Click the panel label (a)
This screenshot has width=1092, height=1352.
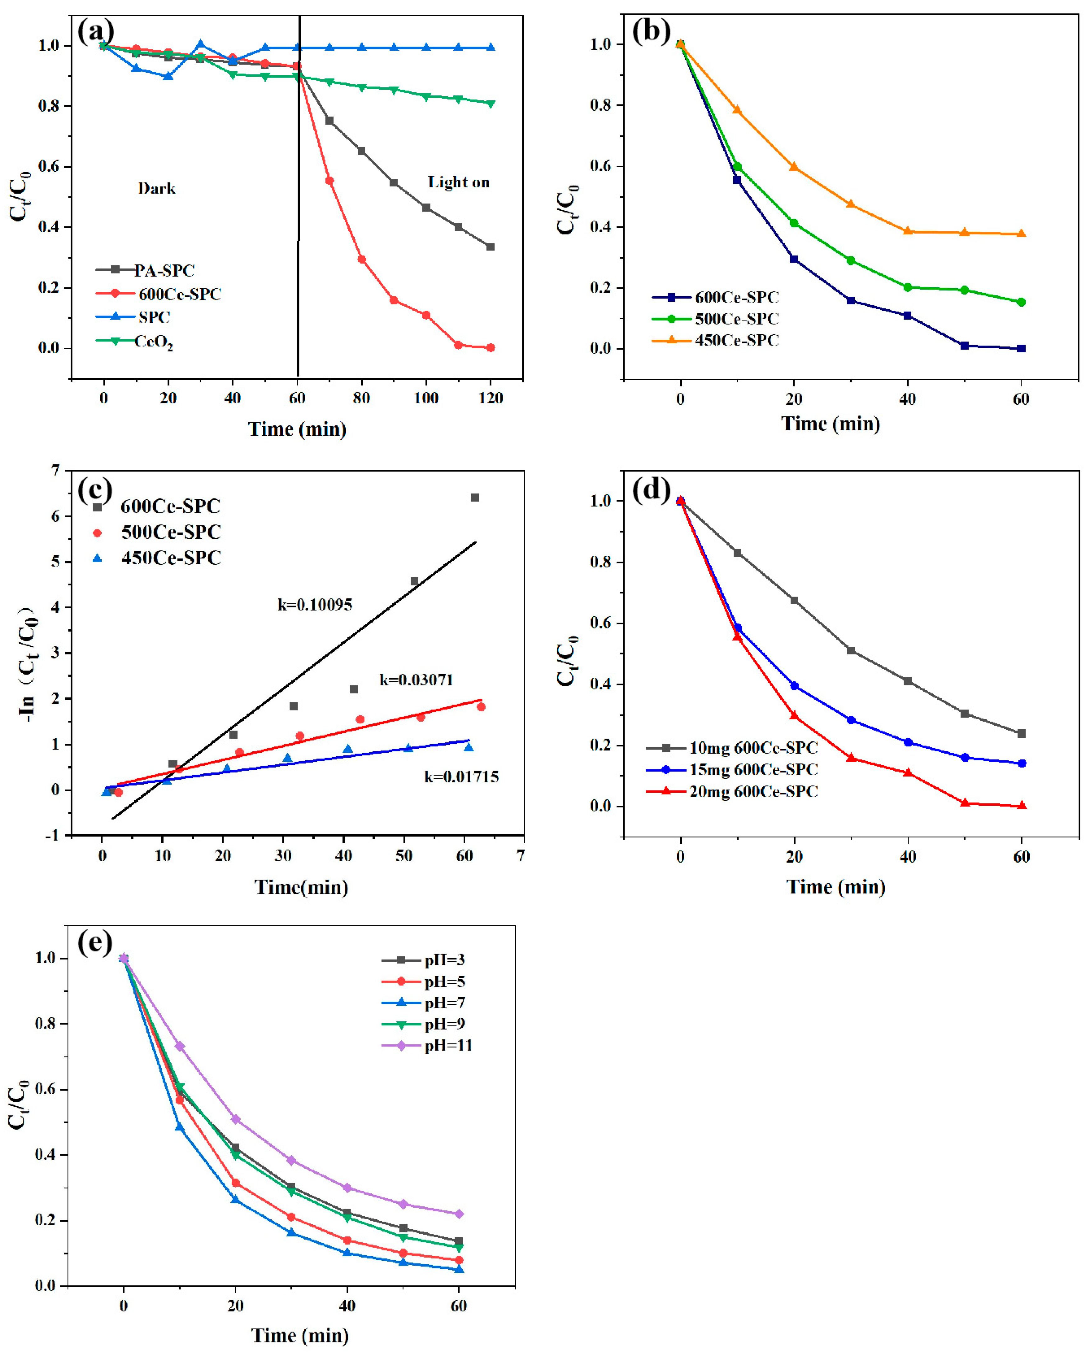(x=96, y=31)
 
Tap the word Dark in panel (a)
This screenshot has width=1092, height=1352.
(x=157, y=189)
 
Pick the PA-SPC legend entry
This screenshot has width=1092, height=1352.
(x=164, y=270)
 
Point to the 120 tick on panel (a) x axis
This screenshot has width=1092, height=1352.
(x=491, y=398)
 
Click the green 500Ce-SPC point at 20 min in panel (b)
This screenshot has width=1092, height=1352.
(x=794, y=223)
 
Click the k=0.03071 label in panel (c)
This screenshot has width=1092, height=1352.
(x=416, y=680)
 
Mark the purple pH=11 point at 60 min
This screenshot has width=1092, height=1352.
(x=459, y=1214)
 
